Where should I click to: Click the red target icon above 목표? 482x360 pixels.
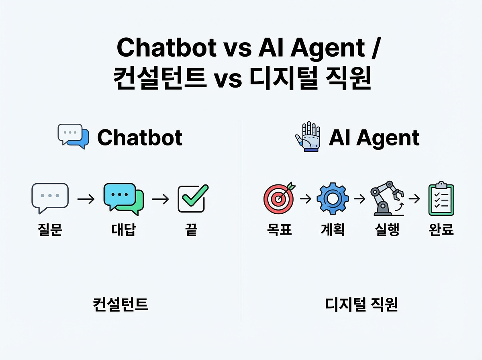[279, 198]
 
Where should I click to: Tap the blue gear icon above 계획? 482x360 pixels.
[333, 198]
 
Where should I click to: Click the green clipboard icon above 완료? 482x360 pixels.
[441, 198]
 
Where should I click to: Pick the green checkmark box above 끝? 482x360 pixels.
[193, 198]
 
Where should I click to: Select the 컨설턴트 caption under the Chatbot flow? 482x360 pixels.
[120, 305]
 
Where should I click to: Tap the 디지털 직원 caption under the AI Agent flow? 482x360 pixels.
[361, 305]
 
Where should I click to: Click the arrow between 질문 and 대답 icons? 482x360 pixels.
[86, 199]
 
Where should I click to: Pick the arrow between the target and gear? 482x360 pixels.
[305, 198]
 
